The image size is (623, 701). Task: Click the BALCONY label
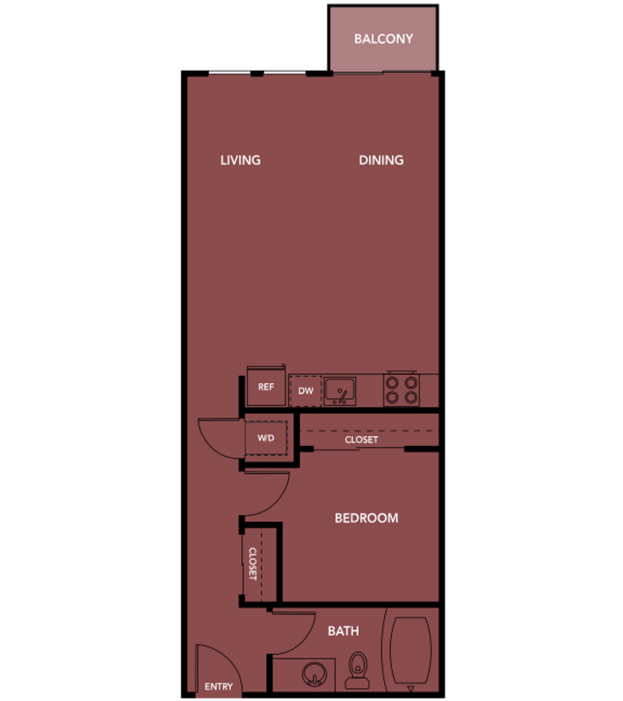pos(383,39)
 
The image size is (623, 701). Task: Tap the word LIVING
pos(240,160)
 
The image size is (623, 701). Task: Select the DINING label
pos(381,160)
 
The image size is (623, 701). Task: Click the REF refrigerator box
pos(266,387)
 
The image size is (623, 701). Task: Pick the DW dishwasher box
pos(306,391)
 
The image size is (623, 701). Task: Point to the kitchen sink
pos(339,391)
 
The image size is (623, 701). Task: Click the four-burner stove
pos(401,390)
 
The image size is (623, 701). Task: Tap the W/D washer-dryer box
pos(266,438)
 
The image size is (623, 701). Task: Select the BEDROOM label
pos(366,518)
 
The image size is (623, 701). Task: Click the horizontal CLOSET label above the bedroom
pos(361,439)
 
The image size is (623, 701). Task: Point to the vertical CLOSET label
pos(253,564)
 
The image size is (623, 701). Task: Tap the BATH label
pos(343,631)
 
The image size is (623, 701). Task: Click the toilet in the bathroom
pos(357,671)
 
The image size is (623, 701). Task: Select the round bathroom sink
pos(313,675)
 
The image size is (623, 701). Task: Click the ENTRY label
pos(218,687)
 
